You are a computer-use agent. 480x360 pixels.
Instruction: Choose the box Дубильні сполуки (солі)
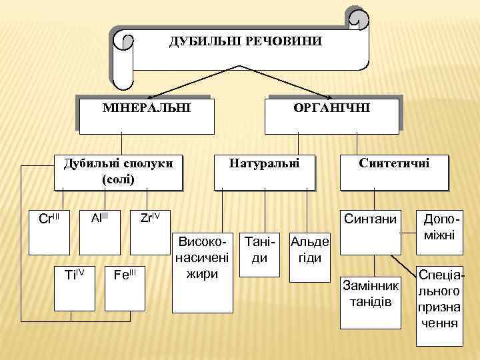pos(119,171)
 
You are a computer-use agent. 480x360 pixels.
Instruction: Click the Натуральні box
pos(264,171)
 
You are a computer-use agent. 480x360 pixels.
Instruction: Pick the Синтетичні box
pos(393,171)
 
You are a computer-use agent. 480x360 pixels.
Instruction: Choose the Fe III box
pos(125,281)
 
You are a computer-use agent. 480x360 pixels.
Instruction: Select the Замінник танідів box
pos(370,300)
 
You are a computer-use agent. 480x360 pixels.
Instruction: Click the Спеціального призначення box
pos(439,307)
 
